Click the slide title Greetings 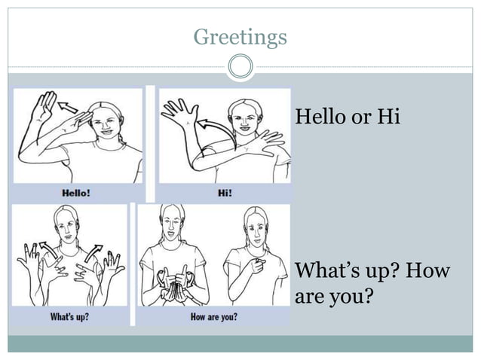point(240,36)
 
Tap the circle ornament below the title point(240,67)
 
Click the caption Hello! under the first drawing point(75,192)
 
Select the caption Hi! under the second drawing point(224,192)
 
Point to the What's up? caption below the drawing point(69,317)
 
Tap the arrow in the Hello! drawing point(69,109)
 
